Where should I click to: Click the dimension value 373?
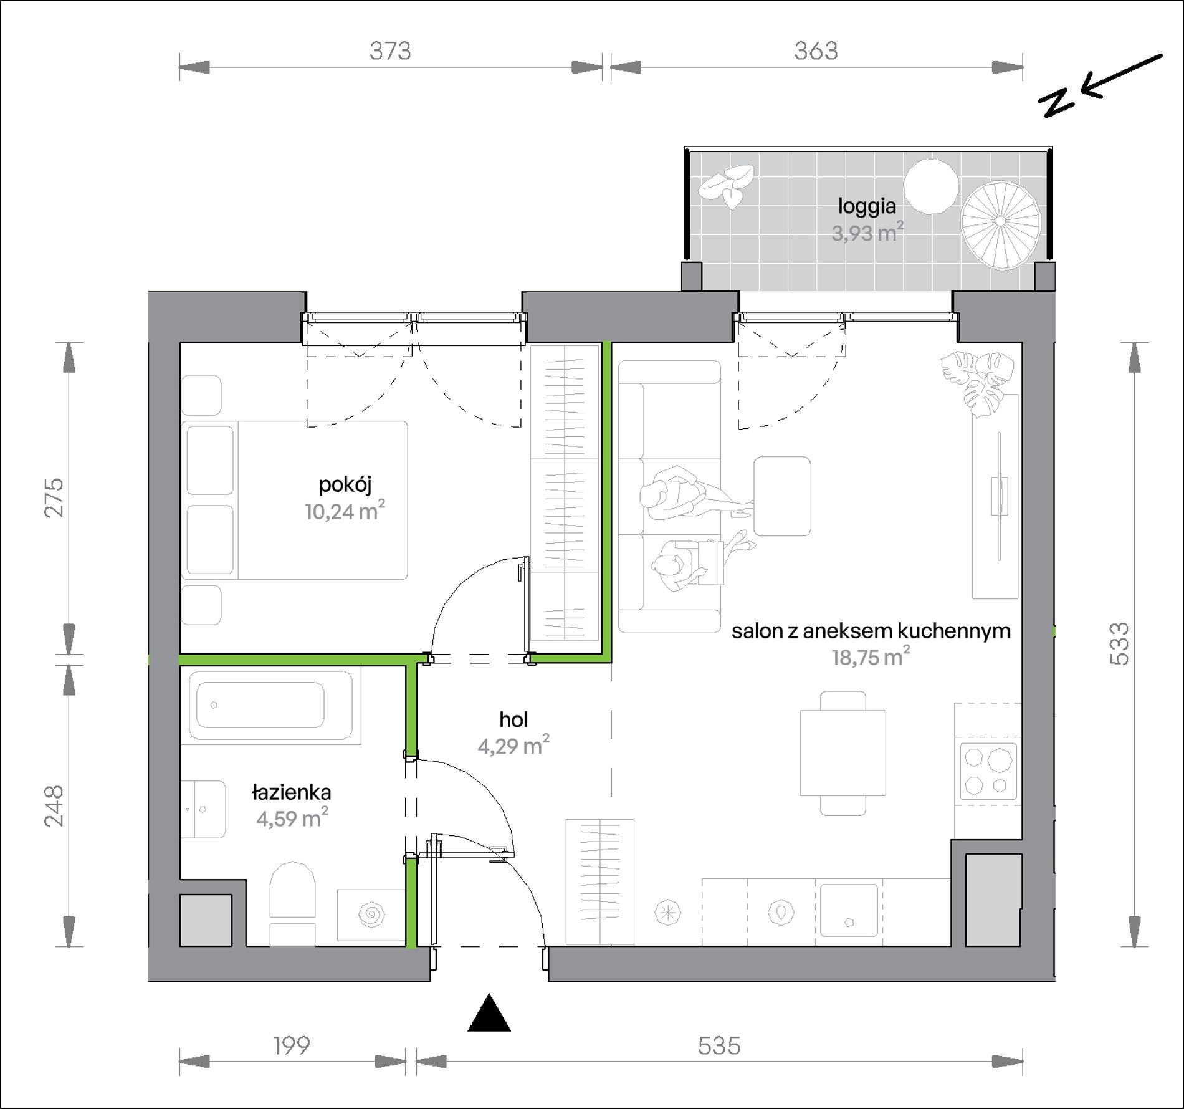(x=390, y=51)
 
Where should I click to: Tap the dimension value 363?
(x=816, y=51)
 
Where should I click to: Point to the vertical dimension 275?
(x=54, y=497)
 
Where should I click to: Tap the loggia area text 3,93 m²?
(x=867, y=233)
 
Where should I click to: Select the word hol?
(x=513, y=720)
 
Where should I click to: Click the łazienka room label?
(x=292, y=793)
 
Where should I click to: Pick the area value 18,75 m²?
(x=871, y=657)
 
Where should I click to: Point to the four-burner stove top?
(x=988, y=771)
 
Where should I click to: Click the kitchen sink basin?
(x=849, y=910)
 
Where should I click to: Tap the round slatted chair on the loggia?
(x=1000, y=225)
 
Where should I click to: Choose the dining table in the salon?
(x=843, y=752)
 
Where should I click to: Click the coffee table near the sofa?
(x=783, y=496)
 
